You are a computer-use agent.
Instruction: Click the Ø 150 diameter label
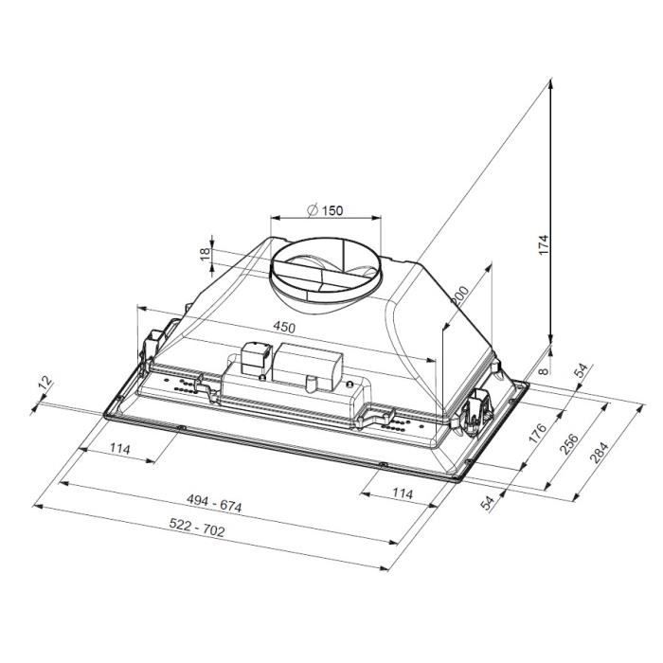coord(325,210)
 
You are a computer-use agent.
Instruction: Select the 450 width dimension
coord(284,328)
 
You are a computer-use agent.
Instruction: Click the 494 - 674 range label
coord(214,506)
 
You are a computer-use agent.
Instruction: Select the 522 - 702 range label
coord(198,530)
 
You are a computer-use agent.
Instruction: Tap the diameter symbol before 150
coord(311,210)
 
